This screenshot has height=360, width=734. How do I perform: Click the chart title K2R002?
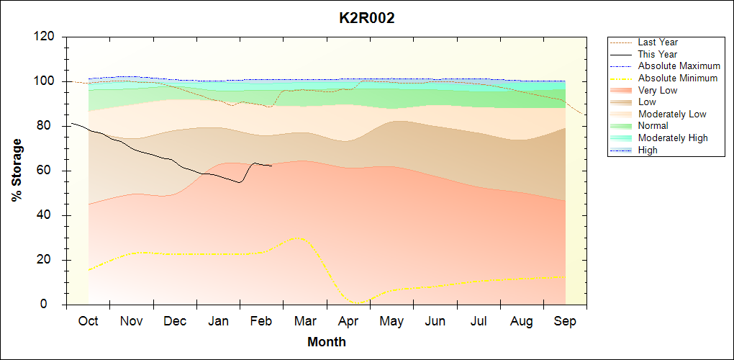point(367,18)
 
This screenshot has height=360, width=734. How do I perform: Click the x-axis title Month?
point(327,342)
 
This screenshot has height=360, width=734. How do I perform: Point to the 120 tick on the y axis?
point(45,37)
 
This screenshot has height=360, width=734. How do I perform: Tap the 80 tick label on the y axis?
point(48,126)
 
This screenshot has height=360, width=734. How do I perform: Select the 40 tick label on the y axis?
point(48,215)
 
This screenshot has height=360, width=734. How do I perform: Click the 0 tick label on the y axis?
point(52,305)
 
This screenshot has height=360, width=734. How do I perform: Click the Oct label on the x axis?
point(88,321)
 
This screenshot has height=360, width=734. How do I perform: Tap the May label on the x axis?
point(391,321)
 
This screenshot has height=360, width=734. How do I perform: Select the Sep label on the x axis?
point(565,321)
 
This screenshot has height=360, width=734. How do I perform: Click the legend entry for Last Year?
point(658,42)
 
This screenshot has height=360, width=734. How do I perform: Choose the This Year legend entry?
point(658,54)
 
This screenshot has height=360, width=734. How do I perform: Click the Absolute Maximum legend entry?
point(679,66)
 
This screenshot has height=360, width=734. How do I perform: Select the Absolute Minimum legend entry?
point(678,78)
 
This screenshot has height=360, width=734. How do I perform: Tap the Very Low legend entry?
point(658,90)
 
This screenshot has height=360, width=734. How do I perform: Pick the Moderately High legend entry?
point(673,138)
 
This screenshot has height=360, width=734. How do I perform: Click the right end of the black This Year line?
point(271,166)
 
